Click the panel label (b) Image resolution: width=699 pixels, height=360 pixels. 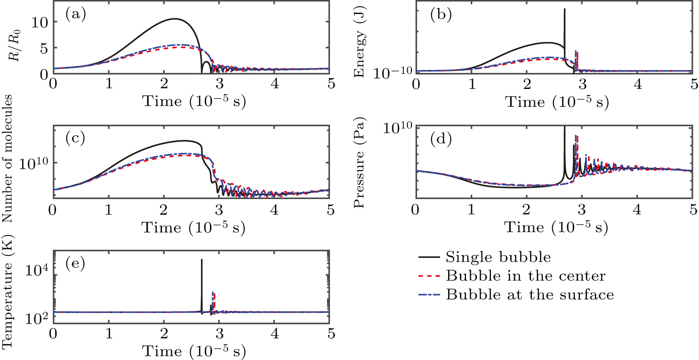(x=441, y=15)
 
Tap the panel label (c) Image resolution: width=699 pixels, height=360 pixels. (x=74, y=138)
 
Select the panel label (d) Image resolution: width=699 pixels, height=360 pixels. (x=441, y=139)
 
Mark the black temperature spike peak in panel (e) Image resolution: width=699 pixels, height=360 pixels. (x=201, y=259)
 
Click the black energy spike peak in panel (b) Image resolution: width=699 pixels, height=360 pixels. (x=564, y=9)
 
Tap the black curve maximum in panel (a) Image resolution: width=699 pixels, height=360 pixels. (x=175, y=19)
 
